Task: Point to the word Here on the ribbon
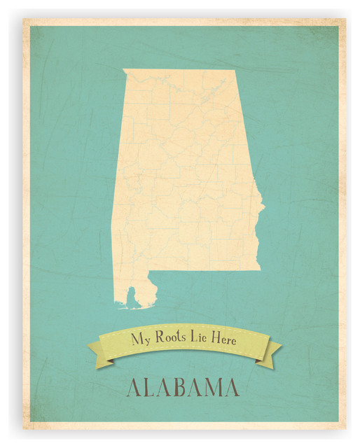coord(226,340)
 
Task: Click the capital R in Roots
coord(158,340)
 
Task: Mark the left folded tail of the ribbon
coord(97,349)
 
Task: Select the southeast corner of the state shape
coord(259,269)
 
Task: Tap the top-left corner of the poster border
coord(24,20)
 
